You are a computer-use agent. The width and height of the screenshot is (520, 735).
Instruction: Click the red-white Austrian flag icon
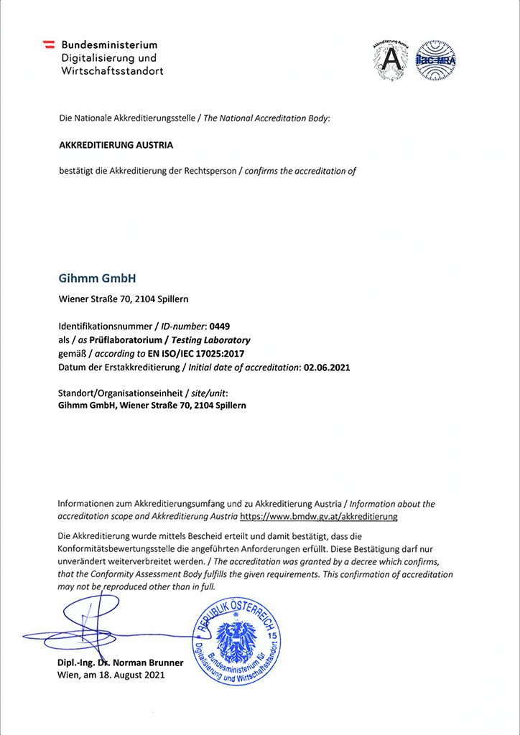click(50, 45)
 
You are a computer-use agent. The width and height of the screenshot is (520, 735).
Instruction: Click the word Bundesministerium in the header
click(109, 45)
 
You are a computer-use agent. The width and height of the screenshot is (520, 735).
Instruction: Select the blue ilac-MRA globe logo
click(436, 59)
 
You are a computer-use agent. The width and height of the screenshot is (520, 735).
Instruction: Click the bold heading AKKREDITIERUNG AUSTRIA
click(116, 144)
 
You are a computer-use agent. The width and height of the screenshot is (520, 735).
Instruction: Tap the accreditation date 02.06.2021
click(327, 367)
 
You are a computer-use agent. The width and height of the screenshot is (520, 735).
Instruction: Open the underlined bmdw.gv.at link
click(318, 516)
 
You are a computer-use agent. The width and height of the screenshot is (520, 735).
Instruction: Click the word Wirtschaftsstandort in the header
click(112, 71)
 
